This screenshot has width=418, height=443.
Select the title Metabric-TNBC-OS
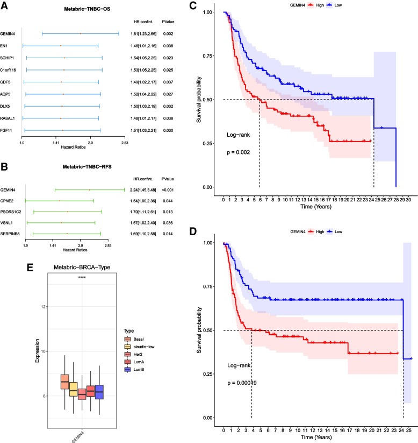click(69, 10)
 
